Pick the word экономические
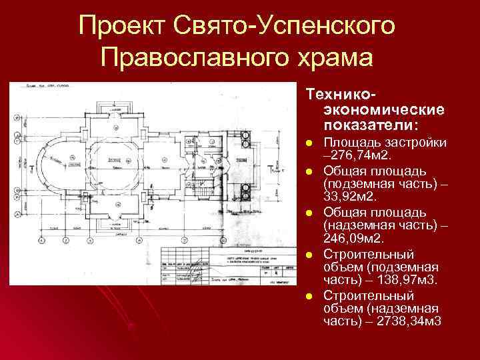pos(384,109)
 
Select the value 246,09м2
pos(355,238)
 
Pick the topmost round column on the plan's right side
pos(245,136)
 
